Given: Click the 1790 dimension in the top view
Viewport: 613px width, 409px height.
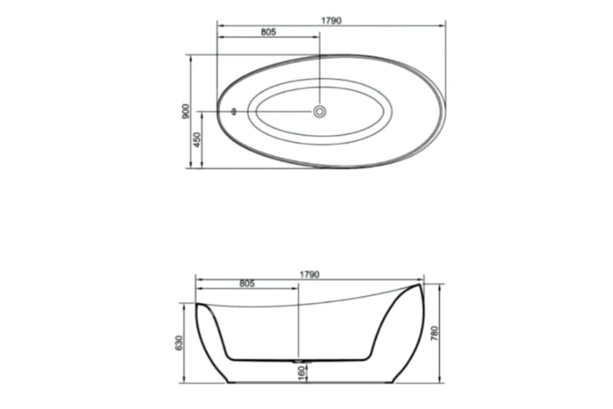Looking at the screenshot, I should pos(331,21).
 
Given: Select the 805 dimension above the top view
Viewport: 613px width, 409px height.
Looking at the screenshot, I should pos(268,32).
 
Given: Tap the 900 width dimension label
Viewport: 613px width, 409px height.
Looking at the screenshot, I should pos(185,111).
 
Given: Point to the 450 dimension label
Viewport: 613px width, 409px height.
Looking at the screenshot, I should pos(197,140).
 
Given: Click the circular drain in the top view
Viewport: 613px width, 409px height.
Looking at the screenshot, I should pos(319,111).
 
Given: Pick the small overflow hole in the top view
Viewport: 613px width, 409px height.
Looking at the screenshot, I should pos(234,111).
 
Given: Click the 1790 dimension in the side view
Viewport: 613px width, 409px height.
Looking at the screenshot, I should pos(309,275).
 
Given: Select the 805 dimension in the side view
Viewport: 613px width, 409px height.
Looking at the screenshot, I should pos(247,284).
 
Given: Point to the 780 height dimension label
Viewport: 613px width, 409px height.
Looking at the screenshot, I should pos(435,333).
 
